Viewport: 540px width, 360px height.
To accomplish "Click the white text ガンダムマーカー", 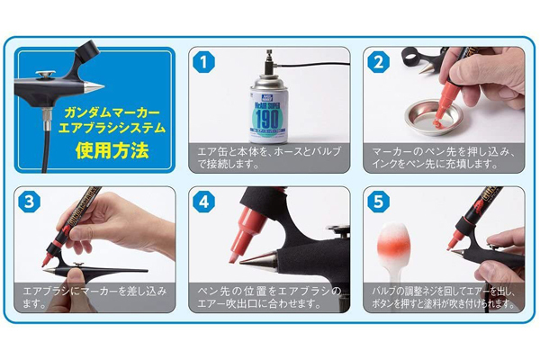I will coord(97,112).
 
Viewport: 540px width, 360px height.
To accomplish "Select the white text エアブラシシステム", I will coord(97,129).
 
